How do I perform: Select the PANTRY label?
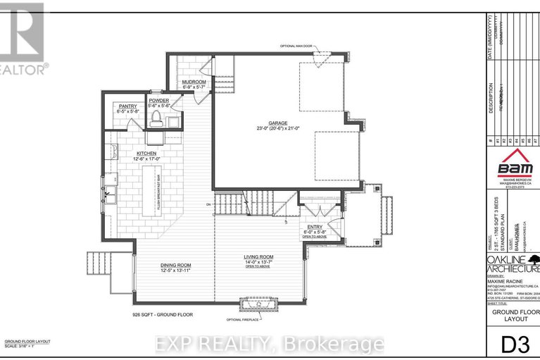(x=128, y=106)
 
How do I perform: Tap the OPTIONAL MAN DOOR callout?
(x=298, y=46)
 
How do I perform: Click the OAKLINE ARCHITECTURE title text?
(x=513, y=264)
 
